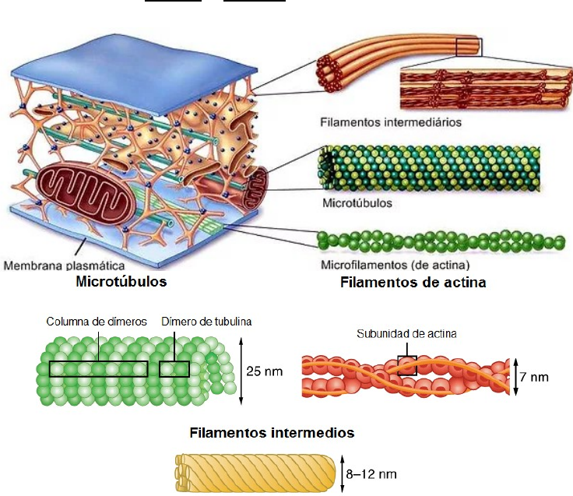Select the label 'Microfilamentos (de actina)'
pyautogui.click(x=385, y=265)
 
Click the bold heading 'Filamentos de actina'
pyautogui.click(x=413, y=283)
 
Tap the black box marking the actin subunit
pyautogui.click(x=407, y=365)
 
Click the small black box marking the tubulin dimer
pyautogui.click(x=174, y=368)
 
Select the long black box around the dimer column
pyautogui.click(x=98, y=368)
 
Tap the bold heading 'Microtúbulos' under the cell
pyautogui.click(x=121, y=281)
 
